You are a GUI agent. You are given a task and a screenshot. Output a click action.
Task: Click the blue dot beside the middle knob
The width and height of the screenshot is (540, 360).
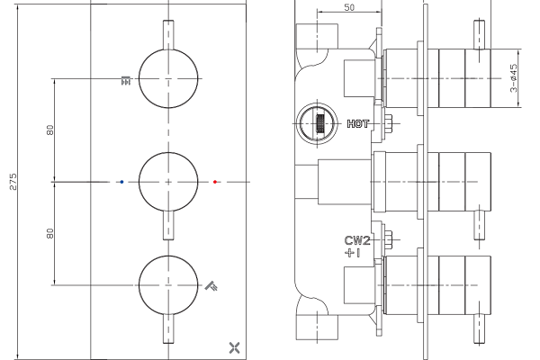121,182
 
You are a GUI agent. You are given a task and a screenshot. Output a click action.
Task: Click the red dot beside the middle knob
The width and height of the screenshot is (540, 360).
215,182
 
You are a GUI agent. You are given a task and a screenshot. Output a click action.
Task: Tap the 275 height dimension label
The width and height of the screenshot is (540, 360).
13,182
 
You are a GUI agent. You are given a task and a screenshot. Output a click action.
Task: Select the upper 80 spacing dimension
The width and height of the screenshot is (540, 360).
50,130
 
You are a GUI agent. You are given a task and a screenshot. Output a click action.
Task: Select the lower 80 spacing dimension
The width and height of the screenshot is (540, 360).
50,233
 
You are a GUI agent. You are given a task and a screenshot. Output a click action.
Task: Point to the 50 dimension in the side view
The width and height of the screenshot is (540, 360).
349,7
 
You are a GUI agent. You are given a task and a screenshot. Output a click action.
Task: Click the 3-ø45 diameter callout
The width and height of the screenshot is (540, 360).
514,78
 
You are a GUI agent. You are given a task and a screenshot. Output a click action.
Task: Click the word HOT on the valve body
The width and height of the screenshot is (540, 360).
358,123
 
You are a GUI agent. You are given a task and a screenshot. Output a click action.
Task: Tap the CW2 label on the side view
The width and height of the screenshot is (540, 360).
357,240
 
